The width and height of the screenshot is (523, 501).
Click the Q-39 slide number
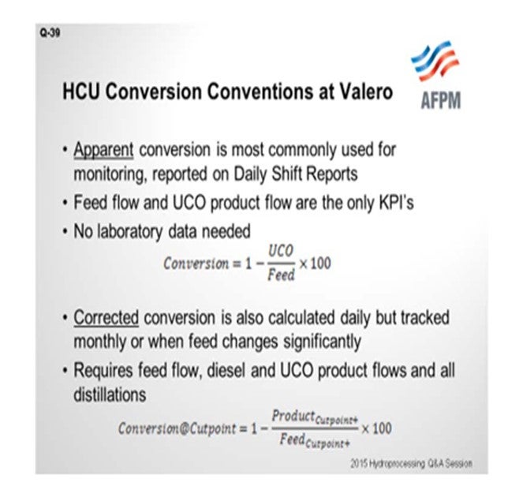(x=50, y=33)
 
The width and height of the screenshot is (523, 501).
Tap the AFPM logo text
(x=441, y=100)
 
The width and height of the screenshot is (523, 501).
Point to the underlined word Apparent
(x=103, y=149)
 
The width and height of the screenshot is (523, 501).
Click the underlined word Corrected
(x=106, y=317)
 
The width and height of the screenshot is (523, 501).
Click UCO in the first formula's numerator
(x=281, y=251)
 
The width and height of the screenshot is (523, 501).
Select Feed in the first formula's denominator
(x=281, y=275)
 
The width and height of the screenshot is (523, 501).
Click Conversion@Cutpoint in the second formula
(x=177, y=428)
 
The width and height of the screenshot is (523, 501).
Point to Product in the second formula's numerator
(x=293, y=416)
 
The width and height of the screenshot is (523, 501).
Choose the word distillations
(x=110, y=394)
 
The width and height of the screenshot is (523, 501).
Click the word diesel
(x=226, y=370)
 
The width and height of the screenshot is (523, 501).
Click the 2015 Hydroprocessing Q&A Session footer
(x=411, y=463)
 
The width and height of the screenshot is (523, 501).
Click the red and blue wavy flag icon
(x=435, y=61)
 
